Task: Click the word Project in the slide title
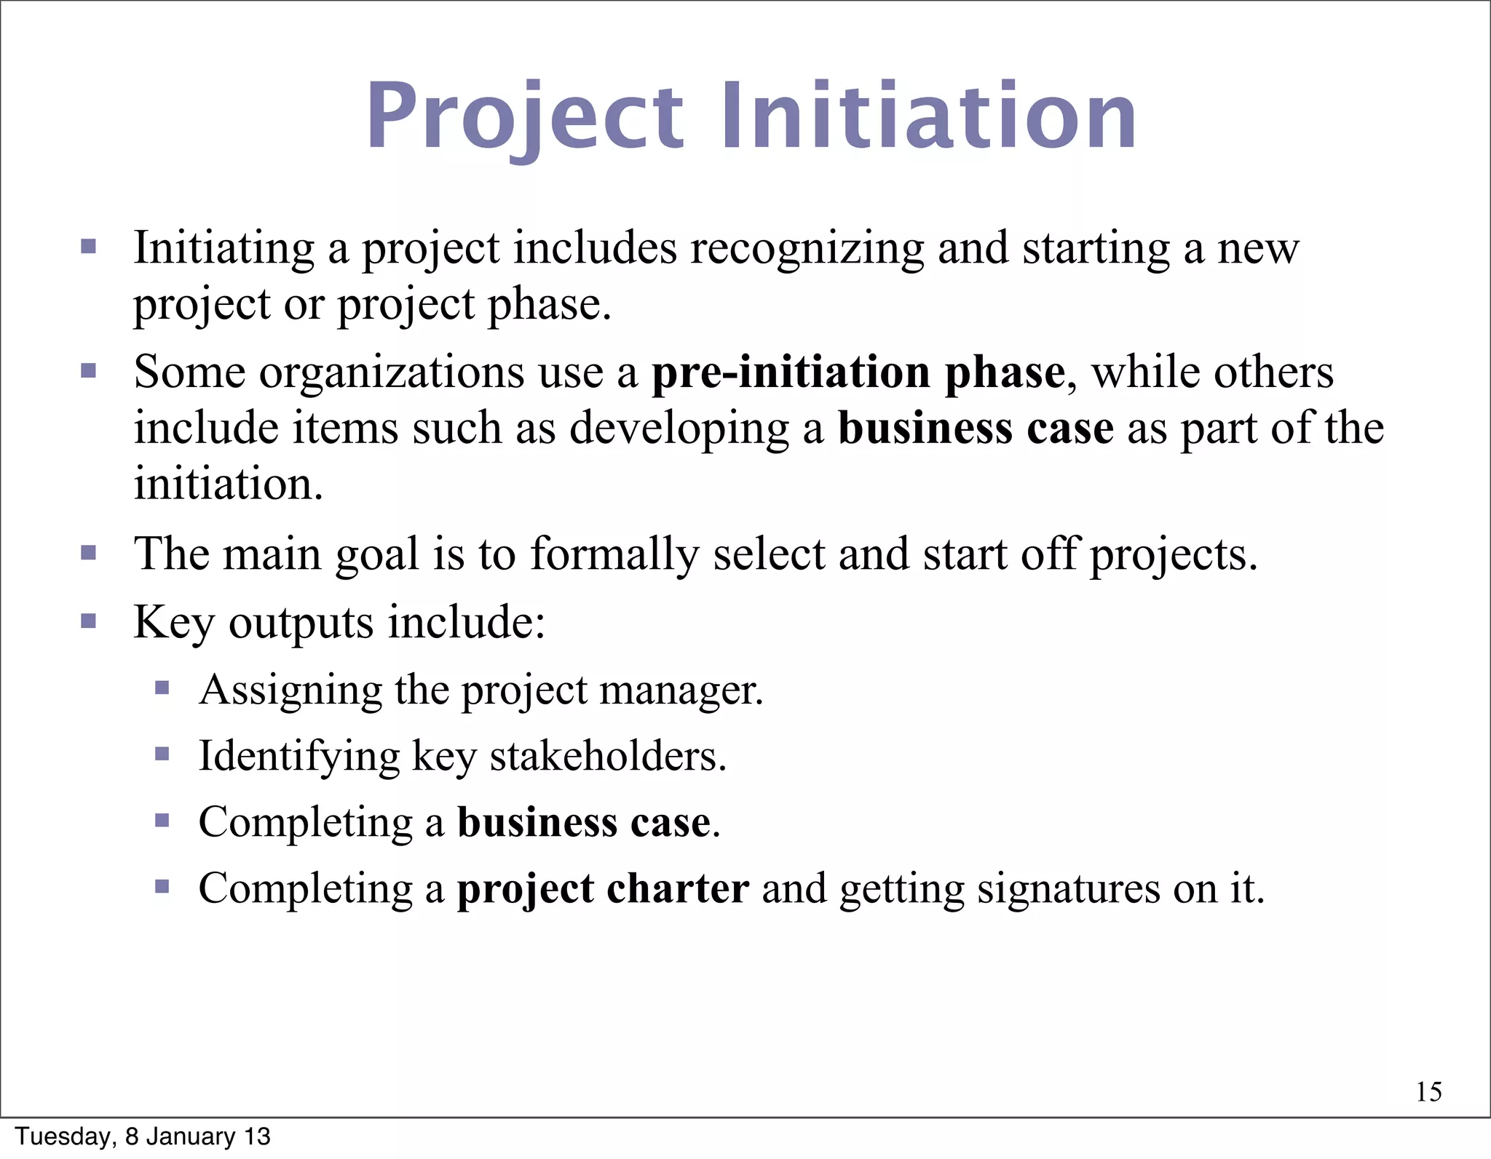(x=524, y=116)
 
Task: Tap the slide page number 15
(x=1429, y=1091)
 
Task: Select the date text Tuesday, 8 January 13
(x=143, y=1136)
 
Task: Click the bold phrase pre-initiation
(x=791, y=373)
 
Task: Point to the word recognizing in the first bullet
(x=807, y=249)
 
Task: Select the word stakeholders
(x=608, y=756)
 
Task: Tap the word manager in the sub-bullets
(x=681, y=690)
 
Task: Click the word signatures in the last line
(x=1068, y=888)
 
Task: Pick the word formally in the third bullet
(x=614, y=555)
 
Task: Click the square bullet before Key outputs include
(x=89, y=621)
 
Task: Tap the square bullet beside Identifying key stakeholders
(x=162, y=754)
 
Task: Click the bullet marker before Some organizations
(x=89, y=372)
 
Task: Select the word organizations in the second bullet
(x=391, y=373)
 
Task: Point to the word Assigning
(x=290, y=690)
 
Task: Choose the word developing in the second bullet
(x=679, y=429)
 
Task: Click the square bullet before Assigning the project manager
(x=162, y=688)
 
